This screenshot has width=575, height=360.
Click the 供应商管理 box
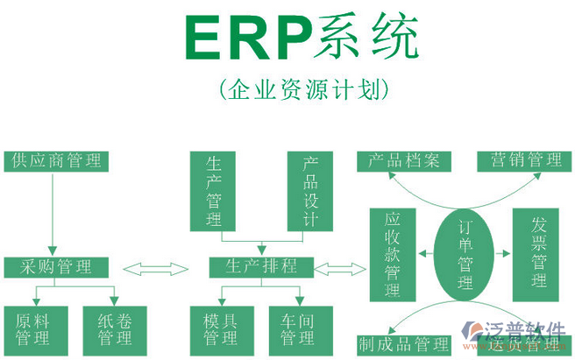55,161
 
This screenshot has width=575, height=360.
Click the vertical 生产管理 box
214,191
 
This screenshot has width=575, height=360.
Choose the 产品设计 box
309,191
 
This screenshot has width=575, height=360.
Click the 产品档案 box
403,161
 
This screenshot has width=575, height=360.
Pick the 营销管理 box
521,161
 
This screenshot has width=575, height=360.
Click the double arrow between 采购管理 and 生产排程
158,267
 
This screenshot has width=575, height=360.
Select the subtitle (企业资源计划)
300,89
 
